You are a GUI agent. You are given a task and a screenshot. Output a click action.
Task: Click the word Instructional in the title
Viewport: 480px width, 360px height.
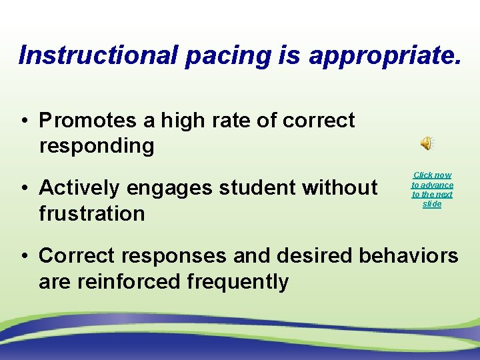click(99, 55)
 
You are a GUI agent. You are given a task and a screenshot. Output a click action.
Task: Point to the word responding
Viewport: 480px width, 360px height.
click(97, 146)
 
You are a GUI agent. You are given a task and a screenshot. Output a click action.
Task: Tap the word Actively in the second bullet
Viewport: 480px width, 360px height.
click(79, 188)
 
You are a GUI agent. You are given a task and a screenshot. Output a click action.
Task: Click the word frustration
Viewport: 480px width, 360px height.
click(92, 214)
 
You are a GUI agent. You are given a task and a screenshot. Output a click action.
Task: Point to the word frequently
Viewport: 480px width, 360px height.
click(238, 282)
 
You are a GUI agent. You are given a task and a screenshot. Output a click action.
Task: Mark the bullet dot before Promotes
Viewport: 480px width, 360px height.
click(23, 121)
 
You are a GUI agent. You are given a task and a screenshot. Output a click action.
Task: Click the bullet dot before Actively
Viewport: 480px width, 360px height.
click(23, 189)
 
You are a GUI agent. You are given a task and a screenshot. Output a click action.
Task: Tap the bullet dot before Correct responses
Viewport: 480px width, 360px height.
click(23, 256)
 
